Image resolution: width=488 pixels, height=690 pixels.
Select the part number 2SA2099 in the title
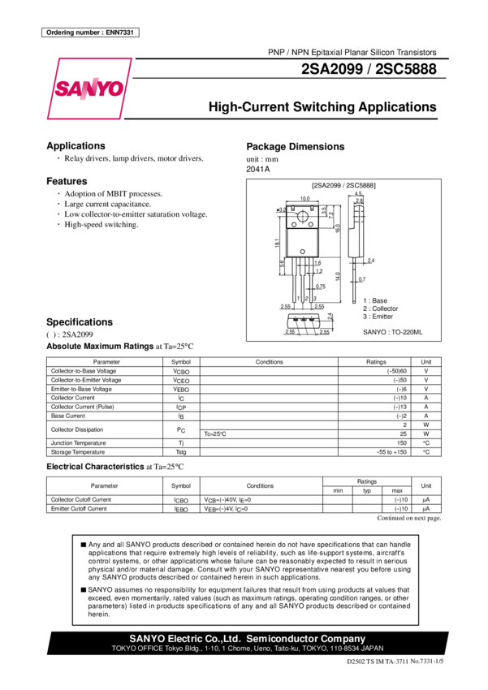(333, 71)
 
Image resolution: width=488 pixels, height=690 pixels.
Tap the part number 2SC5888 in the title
(406, 71)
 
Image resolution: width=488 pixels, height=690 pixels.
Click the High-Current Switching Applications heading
(322, 107)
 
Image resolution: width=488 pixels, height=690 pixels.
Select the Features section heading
(67, 180)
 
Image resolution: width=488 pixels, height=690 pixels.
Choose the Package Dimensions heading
(296, 147)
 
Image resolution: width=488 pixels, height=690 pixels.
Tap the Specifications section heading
(79, 321)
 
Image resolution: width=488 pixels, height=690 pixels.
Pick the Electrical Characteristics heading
(103, 468)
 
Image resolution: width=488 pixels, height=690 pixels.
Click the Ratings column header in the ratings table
(376, 361)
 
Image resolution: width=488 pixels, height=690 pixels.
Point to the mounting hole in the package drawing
(304, 213)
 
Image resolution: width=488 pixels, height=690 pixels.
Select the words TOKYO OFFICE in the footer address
(131, 649)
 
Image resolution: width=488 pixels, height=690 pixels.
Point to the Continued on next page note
(410, 517)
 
